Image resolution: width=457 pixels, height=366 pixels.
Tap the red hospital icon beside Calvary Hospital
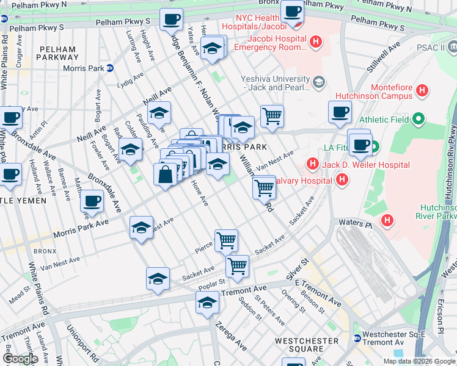342,179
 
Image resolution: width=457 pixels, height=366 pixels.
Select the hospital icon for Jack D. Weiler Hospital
312,164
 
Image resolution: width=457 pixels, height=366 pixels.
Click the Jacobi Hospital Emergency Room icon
315,42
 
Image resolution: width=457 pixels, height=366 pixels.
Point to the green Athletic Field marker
419,119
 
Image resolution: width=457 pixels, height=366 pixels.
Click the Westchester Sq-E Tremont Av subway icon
357,338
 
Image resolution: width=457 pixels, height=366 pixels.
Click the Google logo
20,359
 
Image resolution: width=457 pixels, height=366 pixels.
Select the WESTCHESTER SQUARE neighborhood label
307,345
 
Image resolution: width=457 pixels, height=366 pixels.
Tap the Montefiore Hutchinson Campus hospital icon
422,91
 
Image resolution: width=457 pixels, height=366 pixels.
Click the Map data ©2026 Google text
419,361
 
